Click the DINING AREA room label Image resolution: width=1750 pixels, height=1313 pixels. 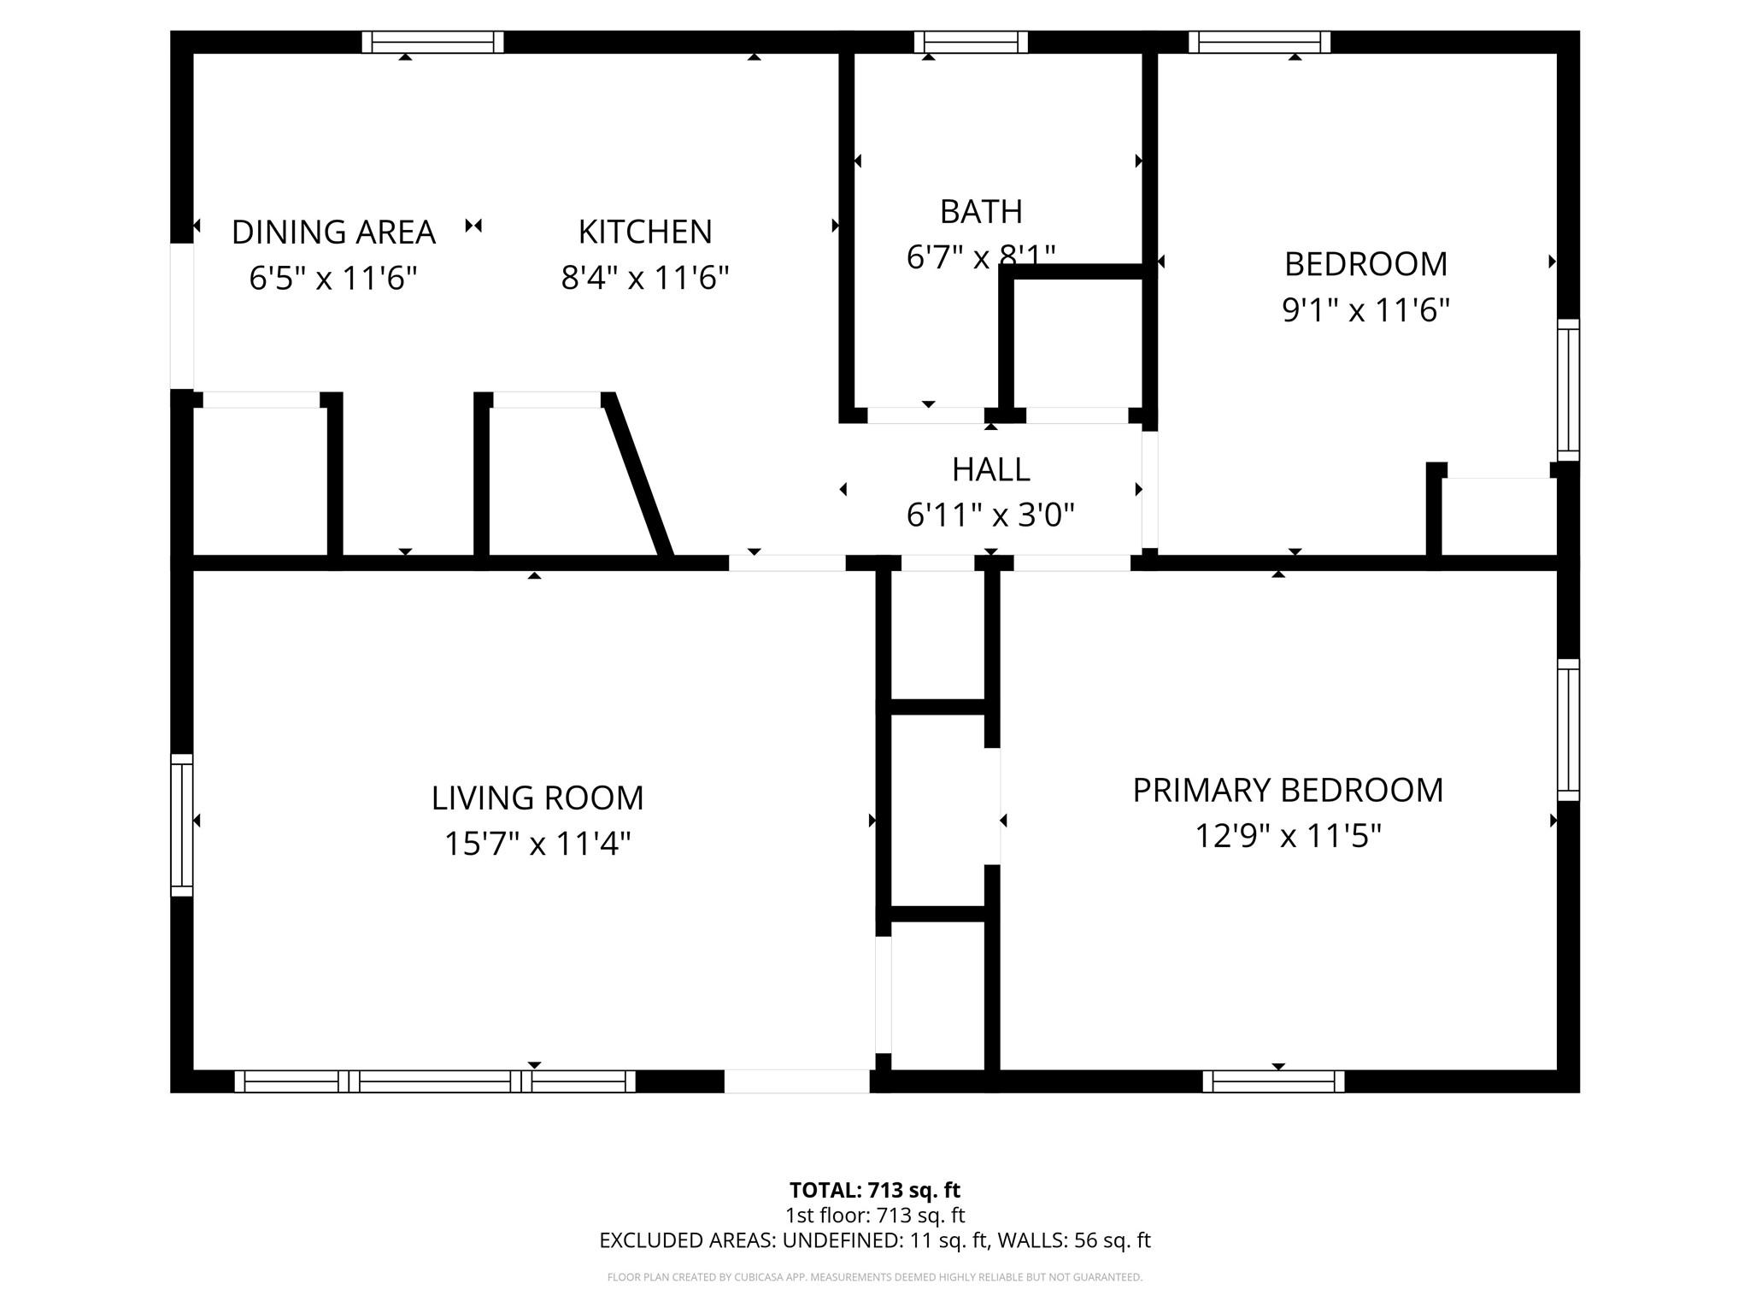333,233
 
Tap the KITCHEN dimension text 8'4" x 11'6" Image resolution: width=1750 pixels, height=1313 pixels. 644,279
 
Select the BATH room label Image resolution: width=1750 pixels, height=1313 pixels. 980,211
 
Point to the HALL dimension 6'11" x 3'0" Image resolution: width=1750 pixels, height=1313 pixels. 990,515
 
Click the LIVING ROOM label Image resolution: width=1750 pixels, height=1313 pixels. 537,798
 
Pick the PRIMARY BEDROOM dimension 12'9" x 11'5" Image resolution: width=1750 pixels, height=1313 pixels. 1287,836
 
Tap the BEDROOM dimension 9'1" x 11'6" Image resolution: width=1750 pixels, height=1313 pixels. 1365,310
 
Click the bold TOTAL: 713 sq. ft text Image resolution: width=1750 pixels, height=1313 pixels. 874,1190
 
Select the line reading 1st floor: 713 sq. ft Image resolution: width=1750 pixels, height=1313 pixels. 874,1215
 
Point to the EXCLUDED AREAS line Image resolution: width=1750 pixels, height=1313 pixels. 874,1240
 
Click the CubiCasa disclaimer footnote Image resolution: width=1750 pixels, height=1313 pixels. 874,1277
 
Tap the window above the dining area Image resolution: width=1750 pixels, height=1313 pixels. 432,42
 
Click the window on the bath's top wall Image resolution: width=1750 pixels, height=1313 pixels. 971,42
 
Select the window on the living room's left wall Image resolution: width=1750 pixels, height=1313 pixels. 181,825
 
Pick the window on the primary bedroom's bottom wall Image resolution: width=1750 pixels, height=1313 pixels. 1273,1081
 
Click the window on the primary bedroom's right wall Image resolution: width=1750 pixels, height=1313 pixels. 1568,729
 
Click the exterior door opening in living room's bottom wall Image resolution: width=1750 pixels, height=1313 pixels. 796,1081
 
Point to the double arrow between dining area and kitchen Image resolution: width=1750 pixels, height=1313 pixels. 473,226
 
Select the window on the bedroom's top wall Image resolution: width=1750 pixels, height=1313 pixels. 1260,42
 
